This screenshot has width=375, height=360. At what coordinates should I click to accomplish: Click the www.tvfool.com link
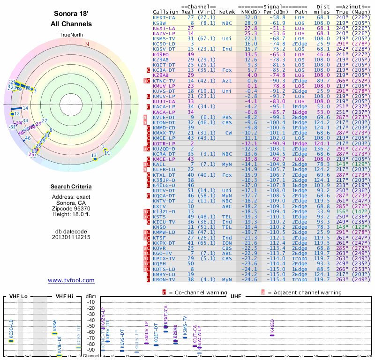71,280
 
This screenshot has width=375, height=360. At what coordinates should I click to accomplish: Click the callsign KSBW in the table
159,22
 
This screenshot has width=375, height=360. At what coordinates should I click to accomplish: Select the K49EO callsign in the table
161,54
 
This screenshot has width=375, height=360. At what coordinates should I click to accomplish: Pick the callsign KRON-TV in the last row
164,279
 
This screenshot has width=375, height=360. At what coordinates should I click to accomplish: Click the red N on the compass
87,45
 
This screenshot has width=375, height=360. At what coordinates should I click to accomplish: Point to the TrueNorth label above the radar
71,35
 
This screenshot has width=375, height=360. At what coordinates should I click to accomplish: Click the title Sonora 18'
71,14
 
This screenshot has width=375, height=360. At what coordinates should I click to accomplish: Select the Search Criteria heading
71,187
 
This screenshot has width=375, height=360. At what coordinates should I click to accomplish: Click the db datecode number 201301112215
71,237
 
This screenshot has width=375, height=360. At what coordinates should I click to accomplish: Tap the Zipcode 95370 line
71,209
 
